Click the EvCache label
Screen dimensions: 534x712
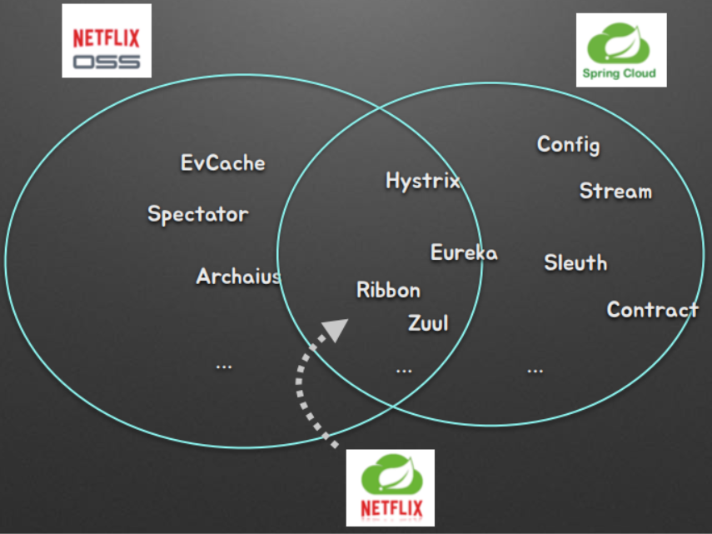(x=222, y=162)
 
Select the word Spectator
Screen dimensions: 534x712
(x=198, y=214)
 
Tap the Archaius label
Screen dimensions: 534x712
(x=238, y=276)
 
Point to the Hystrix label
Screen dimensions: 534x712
(x=422, y=180)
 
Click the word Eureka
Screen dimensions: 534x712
(x=464, y=252)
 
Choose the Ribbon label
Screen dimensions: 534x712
(x=388, y=290)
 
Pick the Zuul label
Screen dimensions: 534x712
(x=428, y=323)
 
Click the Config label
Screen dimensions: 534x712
(x=568, y=144)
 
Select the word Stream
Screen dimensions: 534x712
(x=615, y=192)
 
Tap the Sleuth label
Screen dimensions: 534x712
(x=575, y=263)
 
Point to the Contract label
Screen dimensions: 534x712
(x=652, y=310)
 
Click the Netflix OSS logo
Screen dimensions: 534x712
(x=107, y=42)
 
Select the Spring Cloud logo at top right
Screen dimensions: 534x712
(x=621, y=50)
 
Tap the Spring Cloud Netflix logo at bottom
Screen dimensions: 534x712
(x=391, y=488)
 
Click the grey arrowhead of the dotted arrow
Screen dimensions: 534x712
(x=336, y=330)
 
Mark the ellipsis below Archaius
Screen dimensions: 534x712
(x=223, y=365)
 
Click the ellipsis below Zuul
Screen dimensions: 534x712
(x=404, y=368)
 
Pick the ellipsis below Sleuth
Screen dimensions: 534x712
(x=535, y=368)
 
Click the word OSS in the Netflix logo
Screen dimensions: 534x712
(x=107, y=62)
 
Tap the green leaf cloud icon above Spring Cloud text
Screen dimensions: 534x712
(x=621, y=42)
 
